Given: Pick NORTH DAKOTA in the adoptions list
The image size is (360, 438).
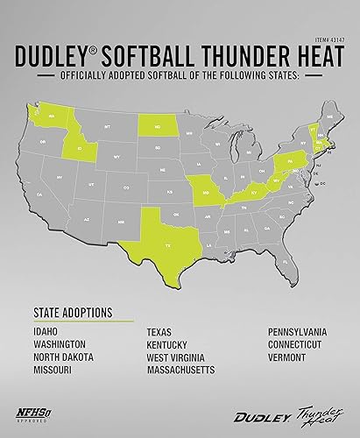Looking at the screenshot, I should coord(63,358).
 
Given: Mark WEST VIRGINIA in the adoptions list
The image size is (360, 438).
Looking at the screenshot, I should coord(180,358).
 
